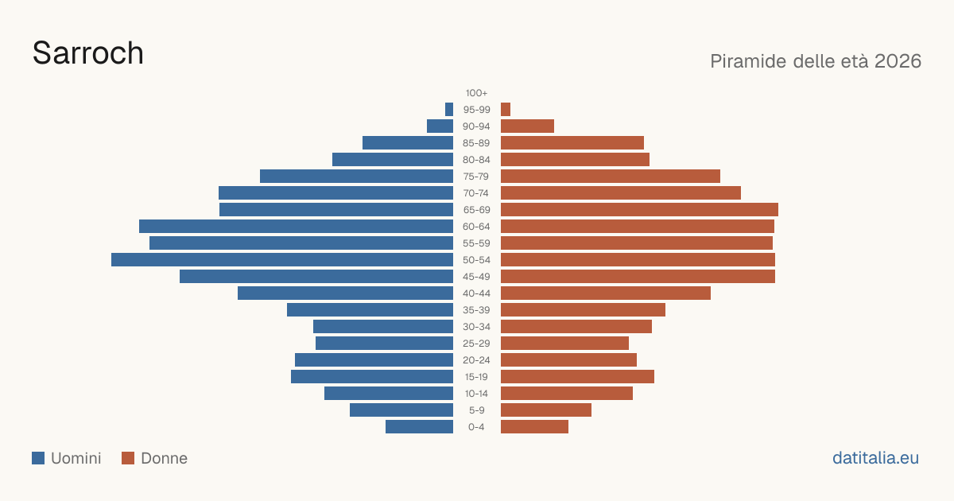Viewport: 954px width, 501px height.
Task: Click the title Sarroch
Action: pyautogui.click(x=87, y=53)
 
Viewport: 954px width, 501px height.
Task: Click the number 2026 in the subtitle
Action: pyautogui.click(x=898, y=61)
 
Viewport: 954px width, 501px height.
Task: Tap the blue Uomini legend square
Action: pyautogui.click(x=38, y=458)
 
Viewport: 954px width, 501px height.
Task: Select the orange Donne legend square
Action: pyautogui.click(x=128, y=458)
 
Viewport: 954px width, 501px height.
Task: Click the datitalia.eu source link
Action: pyautogui.click(x=875, y=458)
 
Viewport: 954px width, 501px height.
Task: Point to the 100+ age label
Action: pyautogui.click(x=476, y=93)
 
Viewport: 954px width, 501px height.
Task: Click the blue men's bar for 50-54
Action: pyautogui.click(x=282, y=260)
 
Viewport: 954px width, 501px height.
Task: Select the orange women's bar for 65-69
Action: pyautogui.click(x=639, y=210)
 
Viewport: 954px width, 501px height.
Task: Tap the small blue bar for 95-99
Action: pyautogui.click(x=449, y=110)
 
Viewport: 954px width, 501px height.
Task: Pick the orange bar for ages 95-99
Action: pyautogui.click(x=506, y=110)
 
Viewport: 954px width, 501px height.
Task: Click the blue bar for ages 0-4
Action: pyautogui.click(x=419, y=427)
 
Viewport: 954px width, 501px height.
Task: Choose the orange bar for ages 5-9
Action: pyautogui.click(x=546, y=410)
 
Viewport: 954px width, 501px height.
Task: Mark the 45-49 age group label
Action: pyautogui.click(x=476, y=277)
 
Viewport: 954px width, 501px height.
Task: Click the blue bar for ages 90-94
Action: pyautogui.click(x=440, y=126)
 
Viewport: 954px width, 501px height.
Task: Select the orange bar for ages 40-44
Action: pyautogui.click(x=606, y=293)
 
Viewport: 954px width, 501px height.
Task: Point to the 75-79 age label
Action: pyautogui.click(x=476, y=177)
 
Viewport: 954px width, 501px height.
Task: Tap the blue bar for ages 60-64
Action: pyautogui.click(x=296, y=226)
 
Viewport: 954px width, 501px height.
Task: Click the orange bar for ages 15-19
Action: pyautogui.click(x=577, y=377)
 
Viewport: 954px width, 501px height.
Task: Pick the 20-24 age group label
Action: pyautogui.click(x=476, y=360)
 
